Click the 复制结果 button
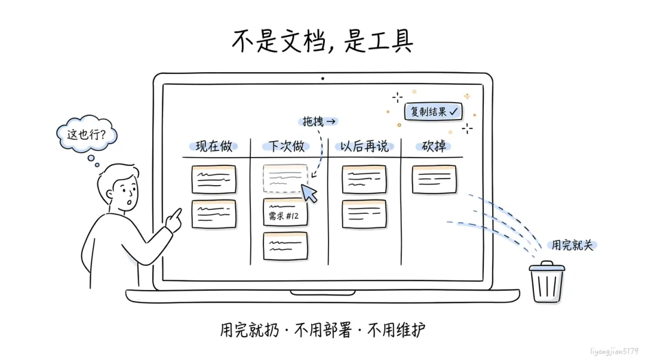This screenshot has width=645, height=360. (x=433, y=112)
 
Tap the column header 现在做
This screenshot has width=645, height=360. (x=213, y=146)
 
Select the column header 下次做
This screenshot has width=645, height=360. (x=286, y=146)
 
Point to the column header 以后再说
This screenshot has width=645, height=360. (x=364, y=146)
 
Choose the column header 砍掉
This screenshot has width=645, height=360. (x=434, y=146)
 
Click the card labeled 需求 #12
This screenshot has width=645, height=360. (x=285, y=213)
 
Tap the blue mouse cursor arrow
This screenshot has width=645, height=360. (x=309, y=193)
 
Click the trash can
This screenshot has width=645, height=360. (x=546, y=282)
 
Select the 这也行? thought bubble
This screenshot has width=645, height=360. (x=87, y=134)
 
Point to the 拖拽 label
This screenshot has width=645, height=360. (x=318, y=121)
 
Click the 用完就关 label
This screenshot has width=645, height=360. (x=572, y=245)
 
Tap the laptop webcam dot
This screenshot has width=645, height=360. (x=322, y=78)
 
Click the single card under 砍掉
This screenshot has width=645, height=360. (x=434, y=179)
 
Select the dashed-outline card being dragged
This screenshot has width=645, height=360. (x=285, y=179)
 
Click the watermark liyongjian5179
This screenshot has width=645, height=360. (x=614, y=352)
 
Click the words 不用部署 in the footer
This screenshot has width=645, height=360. (x=323, y=330)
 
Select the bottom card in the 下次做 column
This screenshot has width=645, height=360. (x=285, y=247)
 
